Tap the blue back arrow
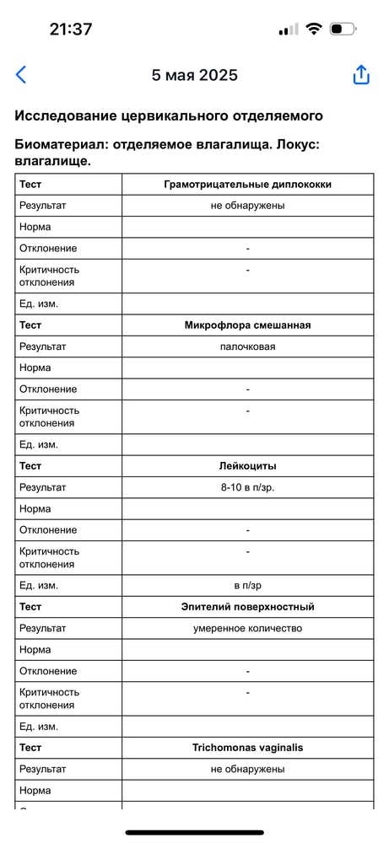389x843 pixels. (x=21, y=75)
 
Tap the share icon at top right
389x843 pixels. (x=361, y=75)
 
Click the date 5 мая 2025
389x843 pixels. (x=194, y=75)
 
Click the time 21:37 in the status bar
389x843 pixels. (x=71, y=29)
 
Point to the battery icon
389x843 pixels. (x=343, y=29)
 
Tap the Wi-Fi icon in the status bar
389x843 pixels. (x=314, y=29)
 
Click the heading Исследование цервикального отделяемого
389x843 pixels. (x=169, y=116)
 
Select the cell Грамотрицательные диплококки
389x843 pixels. (x=247, y=184)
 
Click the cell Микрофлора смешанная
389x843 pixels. (x=247, y=325)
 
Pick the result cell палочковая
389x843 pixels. (x=247, y=346)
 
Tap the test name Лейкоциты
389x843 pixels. (x=247, y=465)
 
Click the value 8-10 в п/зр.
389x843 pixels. (x=247, y=487)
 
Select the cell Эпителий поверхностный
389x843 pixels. (x=247, y=606)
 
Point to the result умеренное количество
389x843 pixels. (x=247, y=628)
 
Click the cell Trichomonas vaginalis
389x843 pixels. (x=247, y=747)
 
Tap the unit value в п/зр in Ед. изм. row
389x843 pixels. (x=247, y=585)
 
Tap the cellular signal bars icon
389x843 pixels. (x=288, y=30)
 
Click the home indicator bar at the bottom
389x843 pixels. (x=194, y=832)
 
